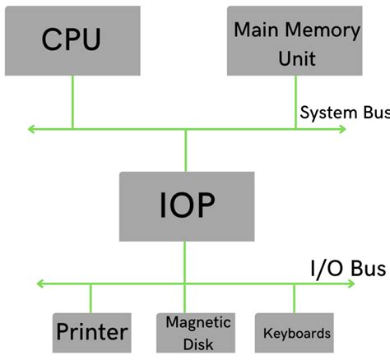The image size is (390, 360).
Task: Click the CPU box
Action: (x=72, y=40)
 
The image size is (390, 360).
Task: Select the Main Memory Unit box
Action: (x=295, y=40)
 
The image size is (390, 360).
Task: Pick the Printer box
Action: (x=91, y=332)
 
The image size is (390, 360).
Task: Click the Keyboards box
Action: (x=295, y=332)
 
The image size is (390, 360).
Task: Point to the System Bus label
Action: (x=344, y=113)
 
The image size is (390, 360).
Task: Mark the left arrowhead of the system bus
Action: (x=32, y=129)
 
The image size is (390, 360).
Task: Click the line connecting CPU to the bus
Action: (x=72, y=102)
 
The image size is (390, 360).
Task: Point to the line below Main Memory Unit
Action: (x=295, y=102)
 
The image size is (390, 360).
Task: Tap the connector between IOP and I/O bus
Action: (x=186, y=262)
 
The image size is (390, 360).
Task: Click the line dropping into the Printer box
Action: (x=91, y=298)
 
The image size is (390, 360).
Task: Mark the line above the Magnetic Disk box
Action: (x=186, y=298)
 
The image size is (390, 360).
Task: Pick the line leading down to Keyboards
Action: (x=294, y=298)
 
